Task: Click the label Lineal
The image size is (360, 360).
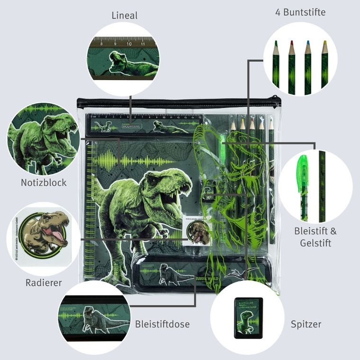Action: point(125,16)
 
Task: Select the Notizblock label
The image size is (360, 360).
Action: point(44,182)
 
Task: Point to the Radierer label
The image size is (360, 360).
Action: point(44,283)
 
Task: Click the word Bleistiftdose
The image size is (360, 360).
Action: point(162,324)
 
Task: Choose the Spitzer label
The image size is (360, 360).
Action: point(306,324)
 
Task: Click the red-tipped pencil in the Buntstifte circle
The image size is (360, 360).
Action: point(291,66)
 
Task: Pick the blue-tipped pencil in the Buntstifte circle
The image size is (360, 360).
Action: point(307,66)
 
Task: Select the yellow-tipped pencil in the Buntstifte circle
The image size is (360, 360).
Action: point(324,66)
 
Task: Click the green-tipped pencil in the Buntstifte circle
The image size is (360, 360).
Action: point(275,66)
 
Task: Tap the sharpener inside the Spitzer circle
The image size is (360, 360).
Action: point(248,317)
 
